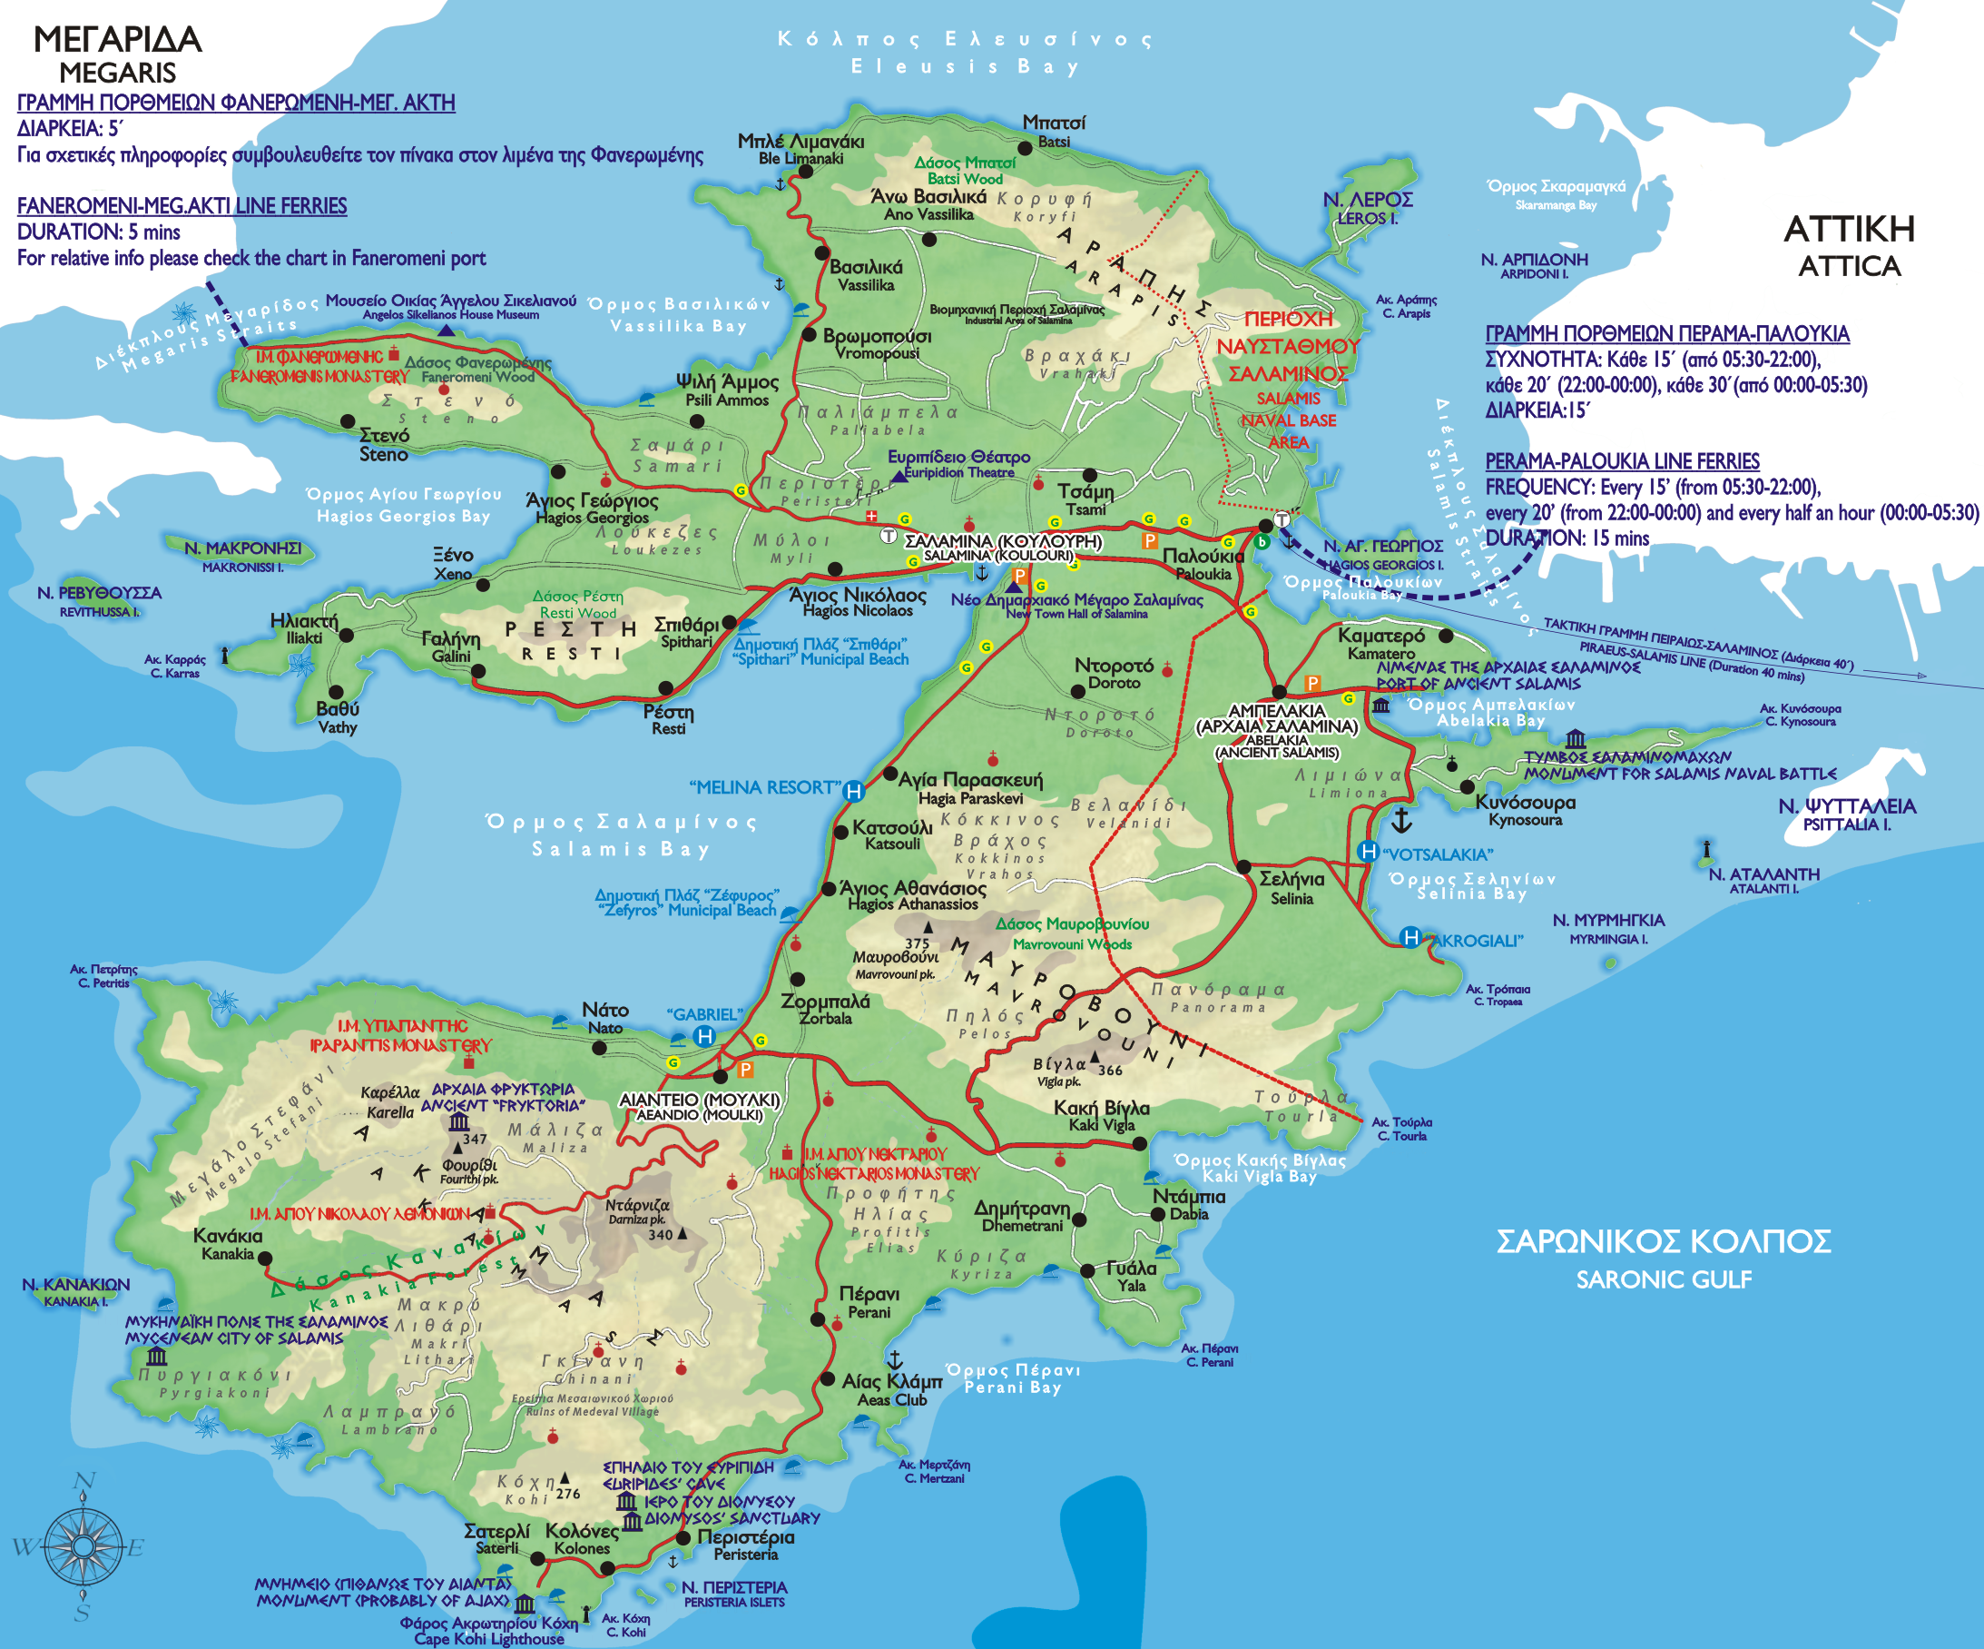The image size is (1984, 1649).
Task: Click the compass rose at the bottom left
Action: coord(84,1547)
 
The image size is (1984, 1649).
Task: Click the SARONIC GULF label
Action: coord(1663,1279)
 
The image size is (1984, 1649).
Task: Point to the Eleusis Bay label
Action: coord(965,66)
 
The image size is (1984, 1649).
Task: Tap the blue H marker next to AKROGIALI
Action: coord(1410,937)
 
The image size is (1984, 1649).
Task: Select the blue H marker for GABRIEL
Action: coord(705,1037)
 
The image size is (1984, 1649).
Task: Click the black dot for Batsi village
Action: coord(1024,148)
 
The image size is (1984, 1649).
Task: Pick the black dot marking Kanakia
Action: coord(266,1259)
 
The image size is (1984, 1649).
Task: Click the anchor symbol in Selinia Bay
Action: coord(1402,820)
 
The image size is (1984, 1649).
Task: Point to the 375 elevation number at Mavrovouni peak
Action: coord(917,943)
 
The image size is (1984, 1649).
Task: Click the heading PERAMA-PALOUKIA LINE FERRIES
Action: coord(1622,461)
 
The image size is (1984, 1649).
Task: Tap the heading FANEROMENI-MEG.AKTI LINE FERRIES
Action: coord(182,206)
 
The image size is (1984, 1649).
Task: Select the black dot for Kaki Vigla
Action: coord(1139,1143)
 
